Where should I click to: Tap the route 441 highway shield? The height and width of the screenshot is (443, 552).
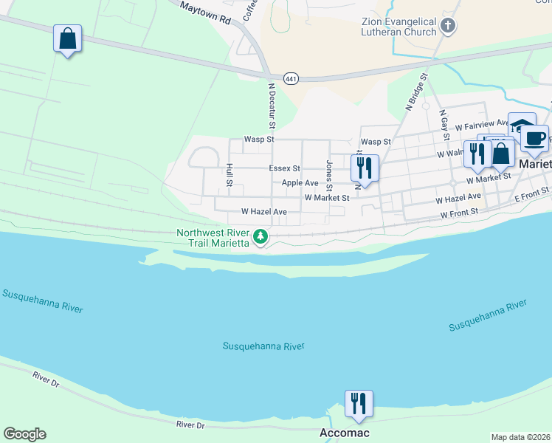(290, 77)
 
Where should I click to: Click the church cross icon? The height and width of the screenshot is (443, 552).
(447, 27)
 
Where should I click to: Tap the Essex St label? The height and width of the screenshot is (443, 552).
(284, 168)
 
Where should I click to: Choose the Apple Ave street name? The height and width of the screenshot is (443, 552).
(300, 182)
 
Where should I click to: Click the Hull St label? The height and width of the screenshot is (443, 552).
(230, 175)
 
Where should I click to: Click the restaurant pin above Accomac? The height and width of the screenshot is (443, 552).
(359, 403)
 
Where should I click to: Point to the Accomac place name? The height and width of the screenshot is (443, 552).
(344, 433)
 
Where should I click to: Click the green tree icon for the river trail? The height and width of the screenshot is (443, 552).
(260, 237)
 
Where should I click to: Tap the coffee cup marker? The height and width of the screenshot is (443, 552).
(534, 137)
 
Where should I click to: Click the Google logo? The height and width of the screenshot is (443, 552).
(24, 434)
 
